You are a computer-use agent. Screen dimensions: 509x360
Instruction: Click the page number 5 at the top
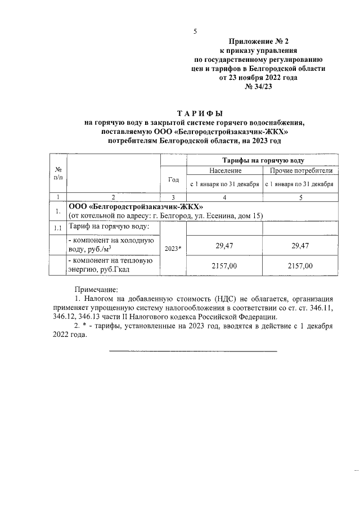coord(195,31)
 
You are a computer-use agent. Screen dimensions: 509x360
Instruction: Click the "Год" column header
coord(174,179)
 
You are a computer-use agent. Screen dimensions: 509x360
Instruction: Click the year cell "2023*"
coord(174,247)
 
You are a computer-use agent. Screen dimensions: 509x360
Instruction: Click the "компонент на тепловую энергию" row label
coord(110,266)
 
